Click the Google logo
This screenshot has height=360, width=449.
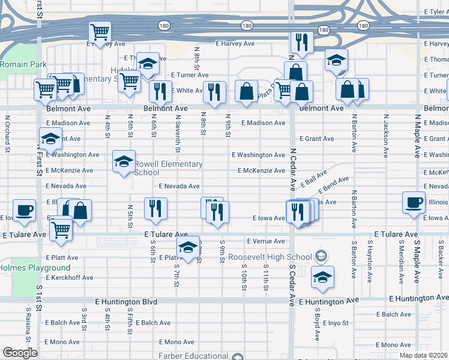coord(20,353)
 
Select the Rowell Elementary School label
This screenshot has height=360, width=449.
coord(167,168)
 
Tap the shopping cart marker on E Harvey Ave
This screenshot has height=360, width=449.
coord(100,32)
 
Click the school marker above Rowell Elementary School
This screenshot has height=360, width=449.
coord(124,161)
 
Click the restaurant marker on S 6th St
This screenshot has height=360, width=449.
coord(155,208)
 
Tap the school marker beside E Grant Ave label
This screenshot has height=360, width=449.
coord(51,139)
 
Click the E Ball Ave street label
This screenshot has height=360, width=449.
coord(313,178)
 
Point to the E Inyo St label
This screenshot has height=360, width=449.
coord(336,323)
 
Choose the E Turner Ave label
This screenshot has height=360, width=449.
coord(190,75)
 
